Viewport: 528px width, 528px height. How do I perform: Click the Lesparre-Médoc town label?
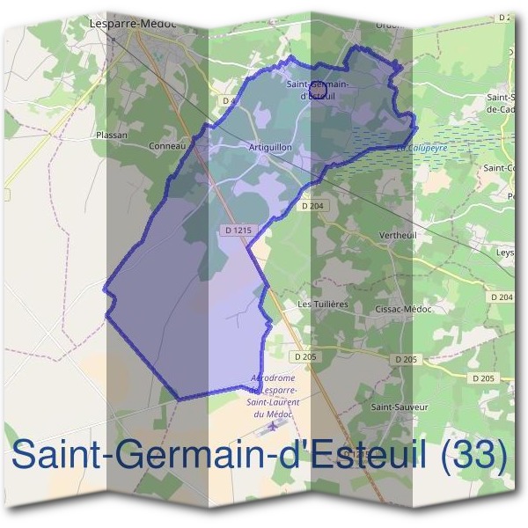133,24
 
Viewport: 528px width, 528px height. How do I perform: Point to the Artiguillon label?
270,147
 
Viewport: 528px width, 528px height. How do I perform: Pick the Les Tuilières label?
324,304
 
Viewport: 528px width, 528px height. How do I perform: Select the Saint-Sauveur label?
400,407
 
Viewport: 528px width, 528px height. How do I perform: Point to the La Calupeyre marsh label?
422,149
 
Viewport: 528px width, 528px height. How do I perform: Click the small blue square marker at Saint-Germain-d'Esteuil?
319,89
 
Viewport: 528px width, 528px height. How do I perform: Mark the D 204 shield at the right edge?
502,297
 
